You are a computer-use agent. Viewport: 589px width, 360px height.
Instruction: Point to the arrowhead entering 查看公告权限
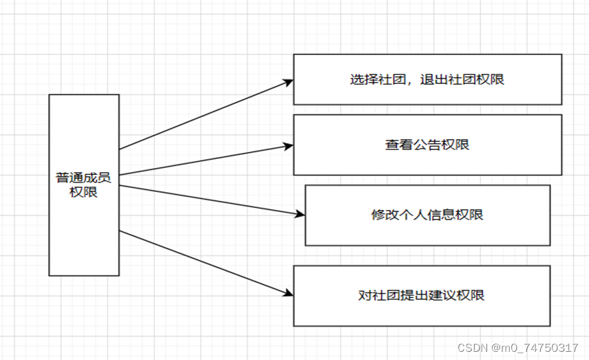288,145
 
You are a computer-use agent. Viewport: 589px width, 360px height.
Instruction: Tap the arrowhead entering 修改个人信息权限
299,214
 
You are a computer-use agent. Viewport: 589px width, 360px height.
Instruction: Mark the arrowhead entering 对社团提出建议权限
288,294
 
